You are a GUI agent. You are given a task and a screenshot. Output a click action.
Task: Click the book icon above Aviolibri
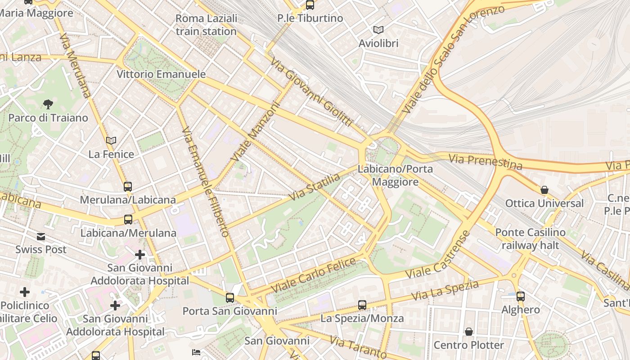pyautogui.click(x=378, y=30)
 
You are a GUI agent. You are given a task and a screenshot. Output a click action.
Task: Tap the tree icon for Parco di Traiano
pyautogui.click(x=48, y=104)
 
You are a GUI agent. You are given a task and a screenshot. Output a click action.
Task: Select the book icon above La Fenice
pyautogui.click(x=111, y=141)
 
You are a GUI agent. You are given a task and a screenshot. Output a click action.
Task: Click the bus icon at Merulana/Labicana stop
pyautogui.click(x=128, y=186)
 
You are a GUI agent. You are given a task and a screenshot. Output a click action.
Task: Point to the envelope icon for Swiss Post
pyautogui.click(x=41, y=237)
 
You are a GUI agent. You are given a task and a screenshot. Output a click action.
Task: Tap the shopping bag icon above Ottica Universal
pyautogui.click(x=544, y=190)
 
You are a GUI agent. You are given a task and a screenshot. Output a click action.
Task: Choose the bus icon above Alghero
pyautogui.click(x=521, y=296)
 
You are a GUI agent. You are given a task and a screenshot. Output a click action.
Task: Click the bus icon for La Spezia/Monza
pyautogui.click(x=362, y=305)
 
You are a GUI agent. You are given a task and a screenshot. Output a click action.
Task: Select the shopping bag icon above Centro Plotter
pyautogui.click(x=469, y=332)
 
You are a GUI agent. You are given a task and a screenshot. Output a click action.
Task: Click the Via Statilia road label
pyautogui.click(x=315, y=187)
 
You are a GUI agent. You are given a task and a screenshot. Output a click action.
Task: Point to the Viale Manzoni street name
pyautogui.click(x=255, y=132)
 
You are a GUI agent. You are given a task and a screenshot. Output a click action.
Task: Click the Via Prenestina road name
pyautogui.click(x=486, y=162)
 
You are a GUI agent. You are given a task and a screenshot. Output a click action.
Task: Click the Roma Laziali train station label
pyautogui.click(x=206, y=25)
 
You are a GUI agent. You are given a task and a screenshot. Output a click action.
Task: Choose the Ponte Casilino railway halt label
pyautogui.click(x=530, y=239)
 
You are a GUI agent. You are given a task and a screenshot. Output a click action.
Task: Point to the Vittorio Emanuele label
pyautogui.click(x=161, y=74)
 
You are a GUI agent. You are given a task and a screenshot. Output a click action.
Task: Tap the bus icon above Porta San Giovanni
pyautogui.click(x=230, y=297)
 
